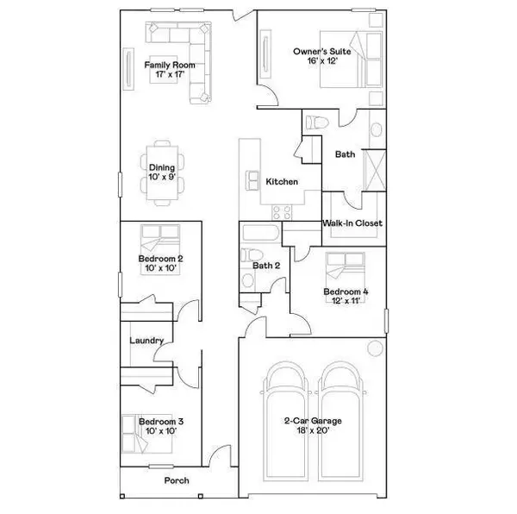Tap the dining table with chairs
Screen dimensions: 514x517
(162, 172)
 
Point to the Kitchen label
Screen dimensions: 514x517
(282, 182)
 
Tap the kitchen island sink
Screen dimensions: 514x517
(254, 179)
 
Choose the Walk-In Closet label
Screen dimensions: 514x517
(352, 223)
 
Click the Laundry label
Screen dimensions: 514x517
(146, 341)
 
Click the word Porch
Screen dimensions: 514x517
(176, 480)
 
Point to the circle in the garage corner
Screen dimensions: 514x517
(375, 348)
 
